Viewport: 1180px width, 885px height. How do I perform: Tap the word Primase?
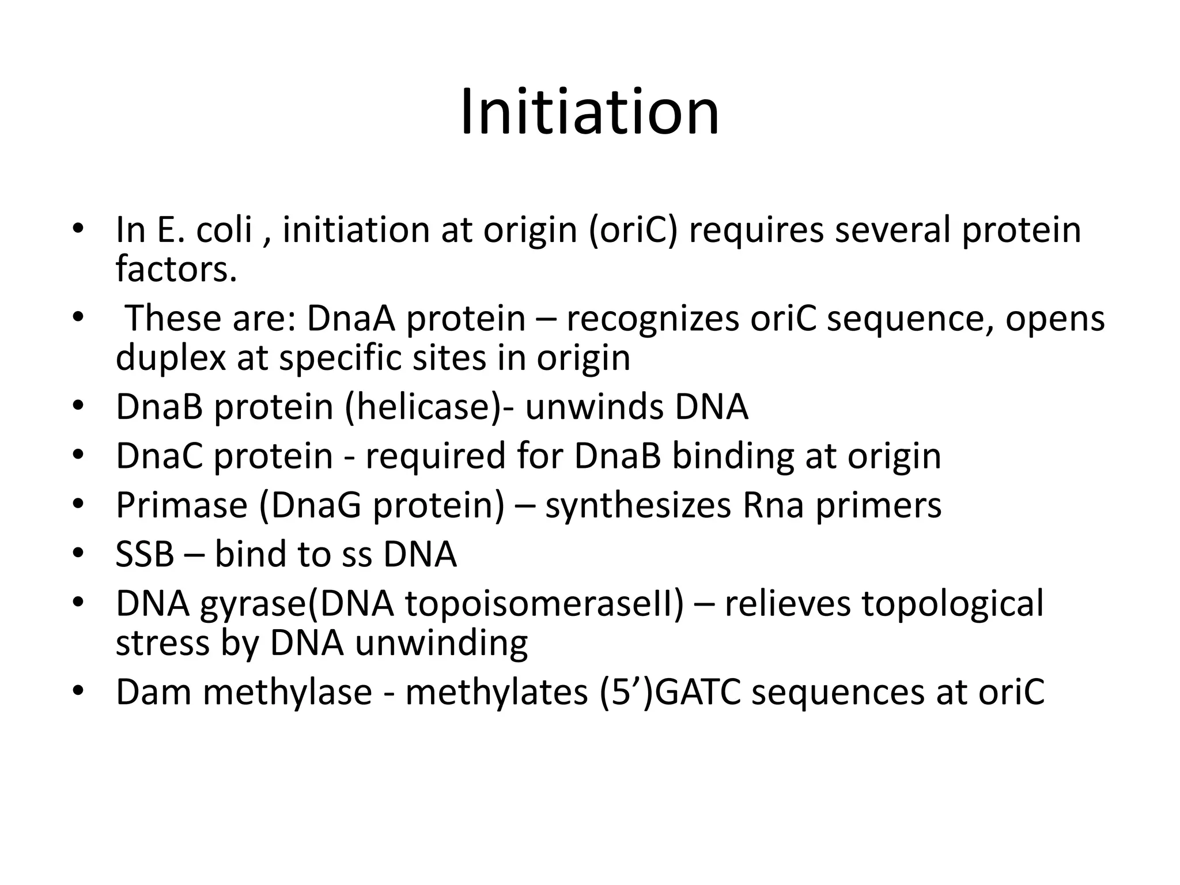[181, 505]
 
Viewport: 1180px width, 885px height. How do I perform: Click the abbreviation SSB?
[145, 554]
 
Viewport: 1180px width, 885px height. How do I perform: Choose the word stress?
[162, 643]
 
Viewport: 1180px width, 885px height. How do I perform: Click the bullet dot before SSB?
[78, 554]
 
